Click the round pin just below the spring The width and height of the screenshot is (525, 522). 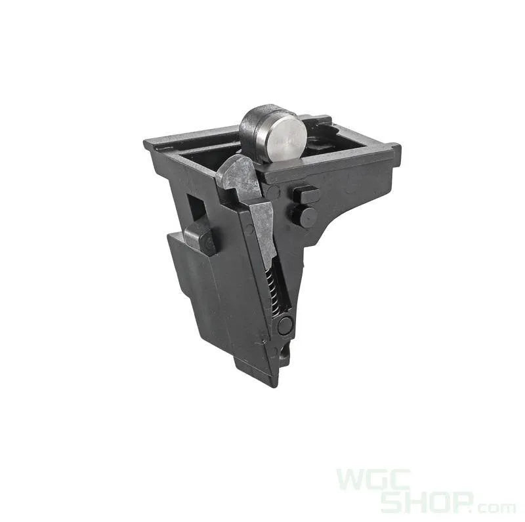tap(285, 325)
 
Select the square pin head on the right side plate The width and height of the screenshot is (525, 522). tap(305, 194)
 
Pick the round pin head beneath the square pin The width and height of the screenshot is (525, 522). tap(305, 216)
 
